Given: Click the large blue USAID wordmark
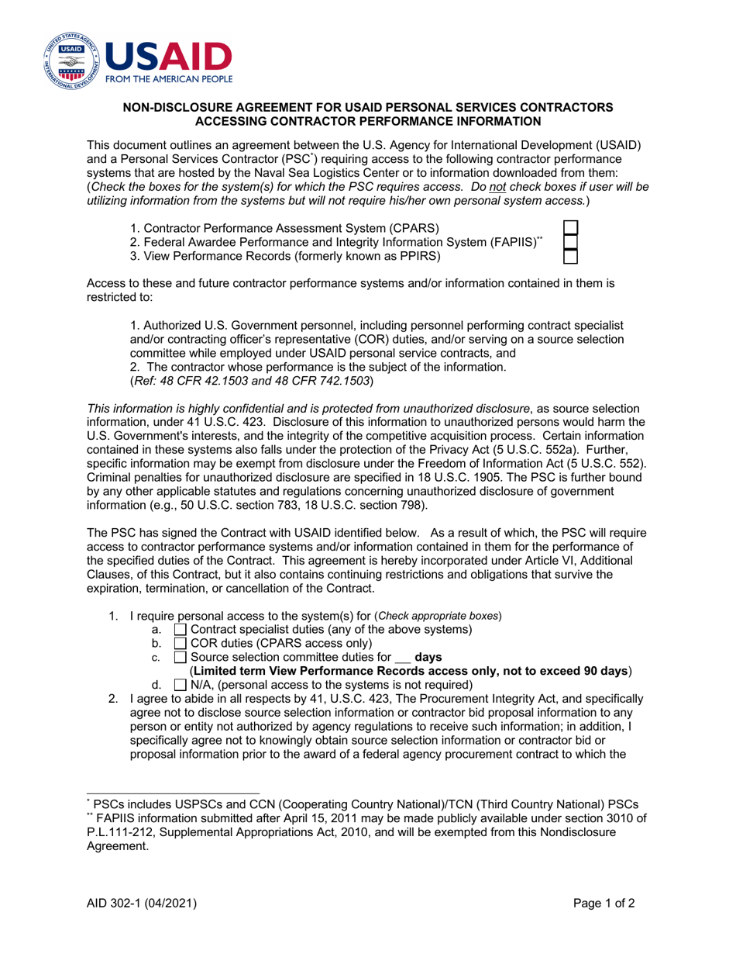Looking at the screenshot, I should (x=168, y=57).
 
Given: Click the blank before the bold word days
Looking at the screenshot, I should (x=402, y=658).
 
